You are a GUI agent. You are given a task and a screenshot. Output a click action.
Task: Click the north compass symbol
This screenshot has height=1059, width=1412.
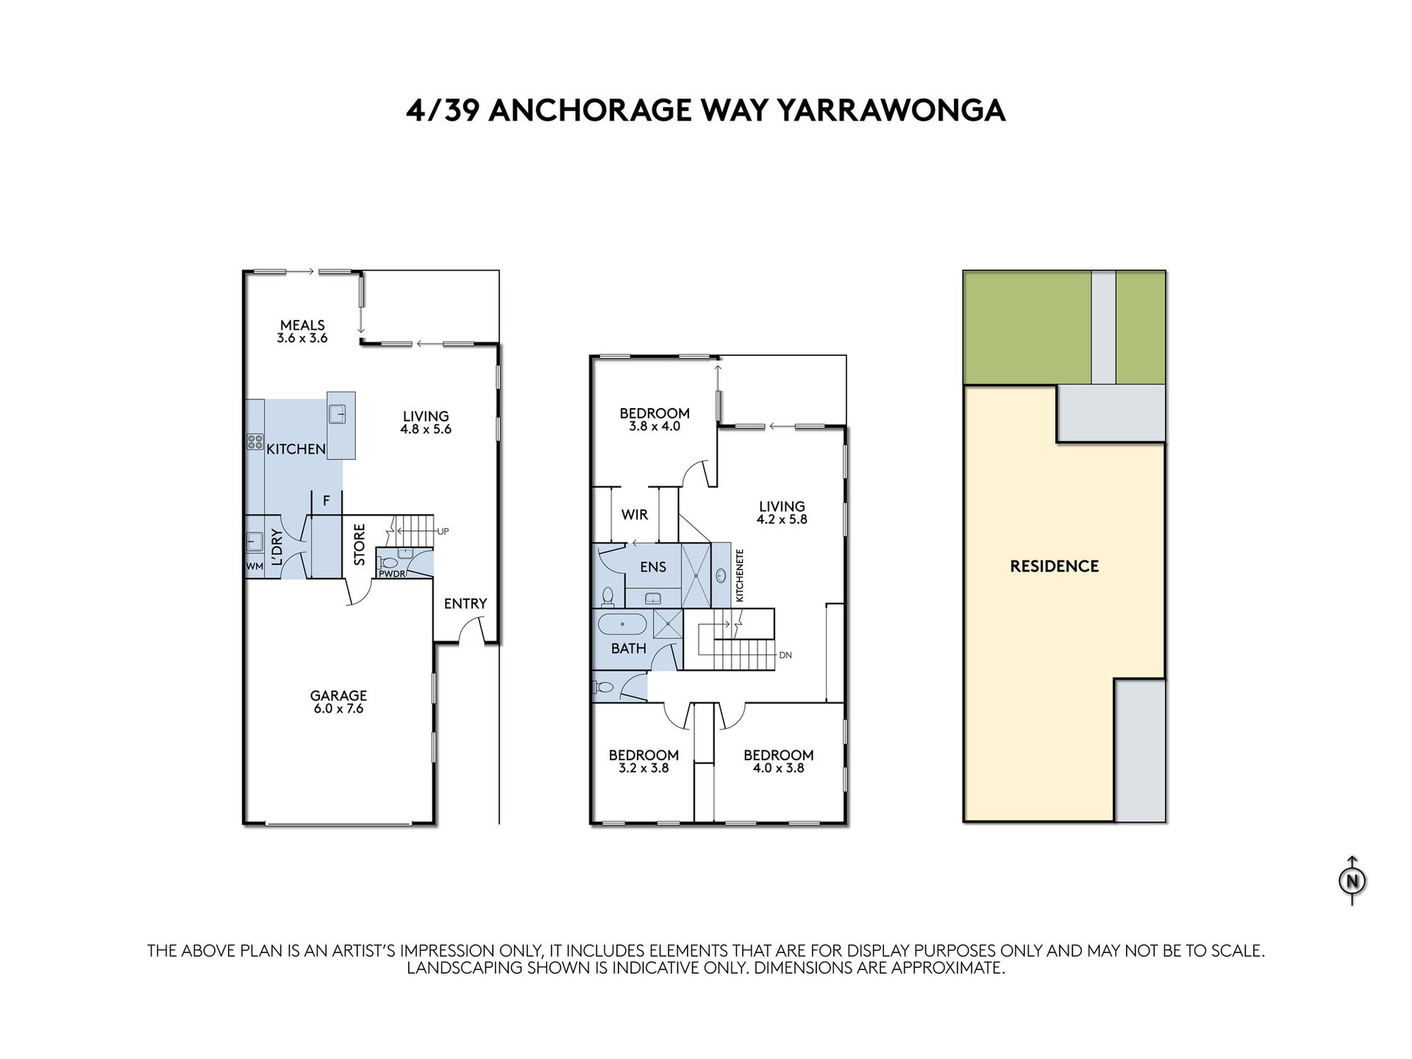click(1352, 880)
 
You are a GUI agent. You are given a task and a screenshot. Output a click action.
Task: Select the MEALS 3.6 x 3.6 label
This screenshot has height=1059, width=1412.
click(302, 331)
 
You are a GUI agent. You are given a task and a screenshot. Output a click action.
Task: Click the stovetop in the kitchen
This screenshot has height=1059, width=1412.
click(254, 442)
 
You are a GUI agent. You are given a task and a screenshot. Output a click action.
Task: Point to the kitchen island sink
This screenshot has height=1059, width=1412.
click(338, 414)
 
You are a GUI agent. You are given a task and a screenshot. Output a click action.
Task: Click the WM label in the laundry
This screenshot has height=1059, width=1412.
click(254, 566)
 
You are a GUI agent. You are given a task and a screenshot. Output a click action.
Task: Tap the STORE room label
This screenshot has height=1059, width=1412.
click(360, 544)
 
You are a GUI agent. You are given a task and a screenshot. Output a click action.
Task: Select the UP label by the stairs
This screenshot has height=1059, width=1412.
click(443, 531)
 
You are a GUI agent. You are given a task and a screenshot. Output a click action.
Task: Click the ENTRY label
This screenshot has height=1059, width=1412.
click(466, 604)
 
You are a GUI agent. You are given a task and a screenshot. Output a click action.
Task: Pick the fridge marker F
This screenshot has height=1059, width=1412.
click(327, 501)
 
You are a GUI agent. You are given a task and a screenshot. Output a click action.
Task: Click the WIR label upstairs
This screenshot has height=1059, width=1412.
click(635, 515)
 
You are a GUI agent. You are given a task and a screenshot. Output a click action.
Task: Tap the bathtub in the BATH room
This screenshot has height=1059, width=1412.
click(622, 625)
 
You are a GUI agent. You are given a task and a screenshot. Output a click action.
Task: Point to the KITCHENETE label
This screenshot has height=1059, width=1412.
click(740, 575)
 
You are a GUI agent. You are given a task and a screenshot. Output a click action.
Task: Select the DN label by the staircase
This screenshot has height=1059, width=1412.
click(785, 655)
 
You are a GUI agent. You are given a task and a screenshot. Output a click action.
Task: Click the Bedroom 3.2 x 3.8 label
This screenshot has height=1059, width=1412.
click(643, 761)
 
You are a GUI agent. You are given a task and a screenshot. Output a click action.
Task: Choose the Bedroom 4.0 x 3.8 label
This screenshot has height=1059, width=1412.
click(779, 761)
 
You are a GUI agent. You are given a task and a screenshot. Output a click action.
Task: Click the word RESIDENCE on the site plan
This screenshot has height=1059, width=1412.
click(1055, 566)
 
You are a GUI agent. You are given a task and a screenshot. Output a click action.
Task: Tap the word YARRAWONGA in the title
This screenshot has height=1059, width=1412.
click(891, 110)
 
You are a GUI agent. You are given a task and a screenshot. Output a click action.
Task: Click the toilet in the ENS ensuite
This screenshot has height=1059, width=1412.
click(608, 596)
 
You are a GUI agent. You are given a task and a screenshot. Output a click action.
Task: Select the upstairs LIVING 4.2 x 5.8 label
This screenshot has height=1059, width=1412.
click(782, 513)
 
